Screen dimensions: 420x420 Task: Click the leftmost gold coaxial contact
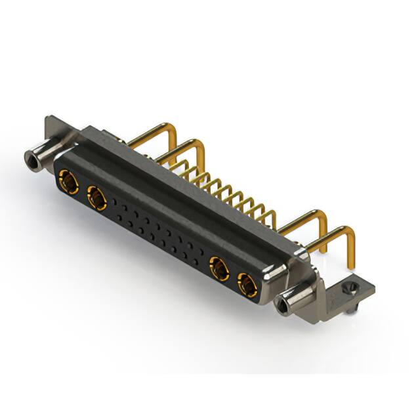point(66,178)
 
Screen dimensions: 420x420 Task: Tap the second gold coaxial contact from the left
point(96,195)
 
